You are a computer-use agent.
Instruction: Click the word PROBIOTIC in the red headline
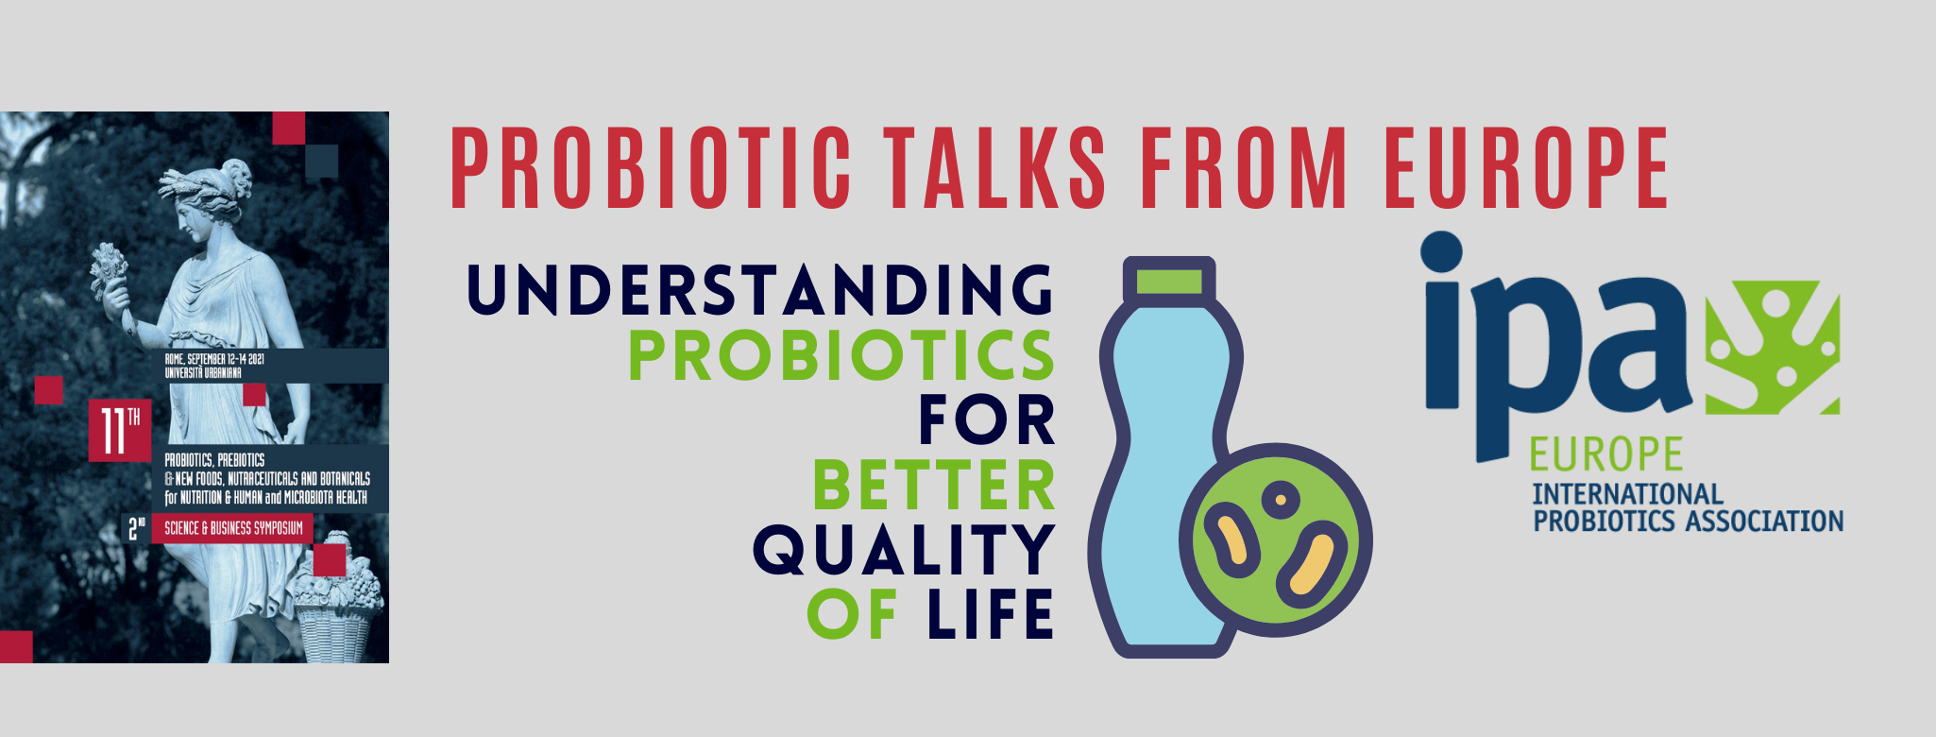(652, 167)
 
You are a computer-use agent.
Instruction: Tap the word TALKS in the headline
(995, 167)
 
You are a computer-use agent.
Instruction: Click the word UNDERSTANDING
(760, 289)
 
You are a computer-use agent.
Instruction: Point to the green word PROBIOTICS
(841, 355)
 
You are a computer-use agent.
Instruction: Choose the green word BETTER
(933, 486)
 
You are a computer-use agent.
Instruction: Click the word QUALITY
(903, 551)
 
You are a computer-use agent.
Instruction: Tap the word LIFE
(991, 614)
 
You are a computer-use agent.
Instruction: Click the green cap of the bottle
(1168, 282)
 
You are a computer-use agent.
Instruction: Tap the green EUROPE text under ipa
(1606, 454)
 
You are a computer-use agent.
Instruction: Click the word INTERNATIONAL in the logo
(1627, 494)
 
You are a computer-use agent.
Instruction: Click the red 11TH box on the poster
(120, 431)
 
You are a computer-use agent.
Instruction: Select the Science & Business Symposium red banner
(233, 528)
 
